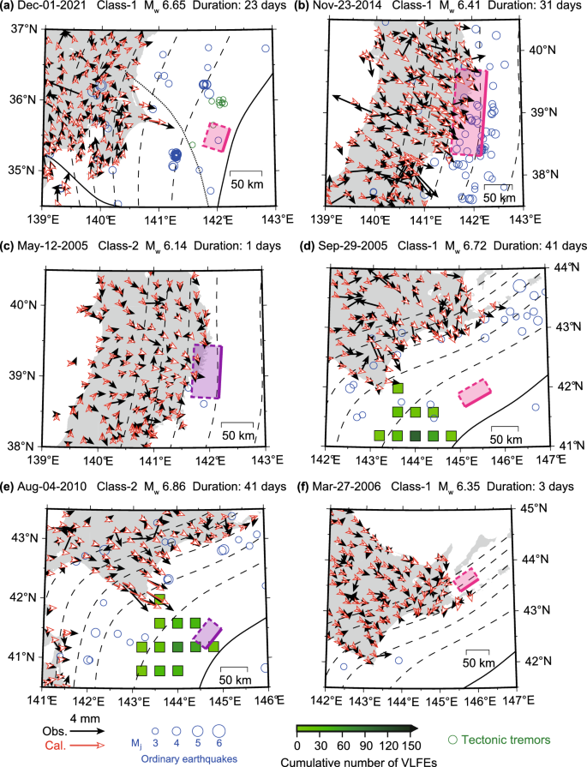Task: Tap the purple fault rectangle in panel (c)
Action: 207,370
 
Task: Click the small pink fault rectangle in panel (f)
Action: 466,580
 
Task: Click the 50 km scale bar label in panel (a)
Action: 245,183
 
